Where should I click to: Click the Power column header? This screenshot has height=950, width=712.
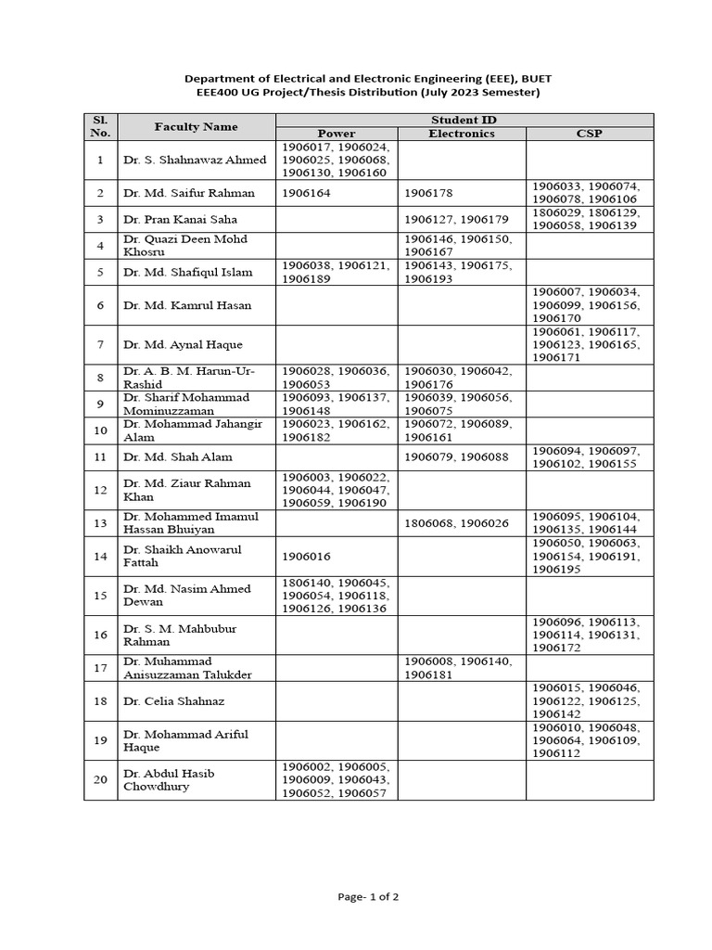(x=337, y=134)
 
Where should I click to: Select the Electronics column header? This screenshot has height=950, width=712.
(x=461, y=134)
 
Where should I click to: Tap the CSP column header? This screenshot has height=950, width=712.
(x=589, y=134)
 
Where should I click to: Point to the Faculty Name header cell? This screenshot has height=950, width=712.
(x=196, y=127)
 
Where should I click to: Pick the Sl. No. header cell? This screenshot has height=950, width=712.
(x=100, y=127)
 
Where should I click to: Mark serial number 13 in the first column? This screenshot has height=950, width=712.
(x=100, y=522)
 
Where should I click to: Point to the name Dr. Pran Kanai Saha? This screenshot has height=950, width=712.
(x=180, y=219)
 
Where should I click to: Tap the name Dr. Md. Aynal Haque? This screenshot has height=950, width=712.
(x=183, y=344)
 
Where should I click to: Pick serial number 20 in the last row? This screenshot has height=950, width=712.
(x=100, y=779)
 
